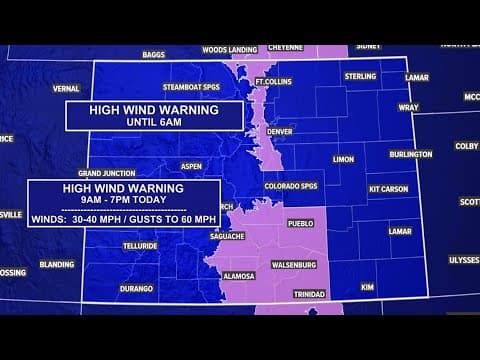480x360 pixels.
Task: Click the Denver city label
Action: [x=279, y=131]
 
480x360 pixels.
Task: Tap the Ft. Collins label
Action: [x=272, y=81]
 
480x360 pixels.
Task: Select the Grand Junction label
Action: [x=106, y=173]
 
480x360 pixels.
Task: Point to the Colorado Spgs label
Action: [x=290, y=185]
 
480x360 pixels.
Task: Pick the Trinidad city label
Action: [x=309, y=294]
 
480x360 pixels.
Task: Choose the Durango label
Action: [x=137, y=287]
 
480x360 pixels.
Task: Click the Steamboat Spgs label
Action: [x=191, y=87]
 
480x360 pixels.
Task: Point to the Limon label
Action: [x=343, y=159]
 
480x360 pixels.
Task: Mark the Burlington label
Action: [x=411, y=154]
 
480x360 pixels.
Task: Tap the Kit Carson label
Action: [x=389, y=188]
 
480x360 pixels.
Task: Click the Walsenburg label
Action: [x=294, y=264]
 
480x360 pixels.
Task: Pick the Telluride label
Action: [x=140, y=245]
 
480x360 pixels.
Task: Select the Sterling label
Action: [x=360, y=76]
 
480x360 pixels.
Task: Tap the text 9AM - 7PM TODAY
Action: [x=123, y=200]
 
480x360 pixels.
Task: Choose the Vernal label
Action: [x=66, y=88]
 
